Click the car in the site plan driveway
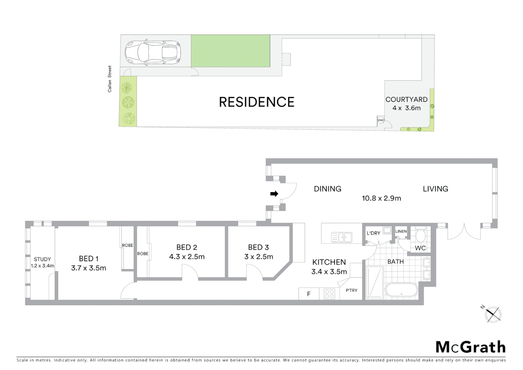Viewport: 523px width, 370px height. [153, 53]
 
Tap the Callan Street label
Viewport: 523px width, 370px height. [110, 79]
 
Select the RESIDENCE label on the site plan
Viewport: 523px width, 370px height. [257, 102]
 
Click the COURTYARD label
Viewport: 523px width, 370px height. [406, 99]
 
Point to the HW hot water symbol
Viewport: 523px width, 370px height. [381, 120]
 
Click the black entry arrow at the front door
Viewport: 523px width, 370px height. [274, 194]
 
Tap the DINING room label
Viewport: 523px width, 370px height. [328, 189]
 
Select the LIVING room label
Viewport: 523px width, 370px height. [435, 189]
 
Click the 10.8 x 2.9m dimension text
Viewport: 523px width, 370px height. [381, 198]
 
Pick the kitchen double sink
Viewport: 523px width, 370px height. [341, 237]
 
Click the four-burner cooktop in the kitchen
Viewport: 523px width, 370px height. [329, 294]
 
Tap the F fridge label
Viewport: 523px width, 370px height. [309, 294]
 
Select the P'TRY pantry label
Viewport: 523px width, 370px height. [352, 291]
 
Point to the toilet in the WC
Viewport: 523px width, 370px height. [420, 235]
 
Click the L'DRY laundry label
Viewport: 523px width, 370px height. [373, 233]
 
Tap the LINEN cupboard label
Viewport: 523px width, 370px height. [401, 231]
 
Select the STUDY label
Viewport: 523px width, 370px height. [42, 259]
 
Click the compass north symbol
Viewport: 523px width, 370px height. [493, 314]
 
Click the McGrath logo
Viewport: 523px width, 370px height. [471, 347]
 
